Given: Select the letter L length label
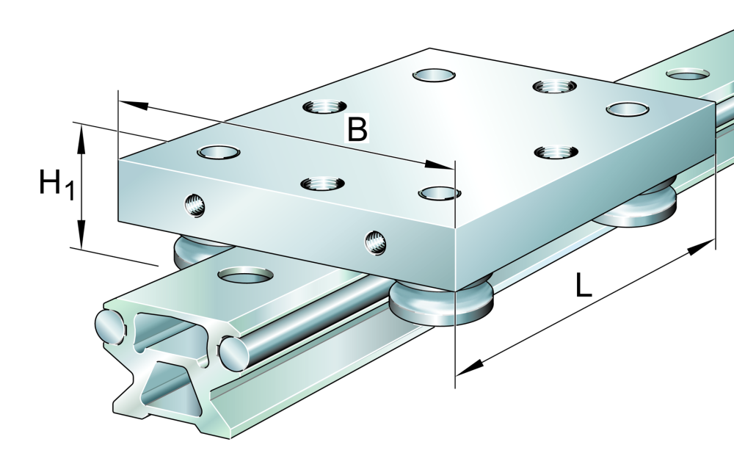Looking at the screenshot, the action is pyautogui.click(x=584, y=286).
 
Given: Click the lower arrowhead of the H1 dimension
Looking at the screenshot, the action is pyautogui.click(x=81, y=233).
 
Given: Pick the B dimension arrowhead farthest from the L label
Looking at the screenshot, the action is pyautogui.click(x=134, y=105).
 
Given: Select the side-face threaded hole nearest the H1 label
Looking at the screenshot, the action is pyautogui.click(x=195, y=205).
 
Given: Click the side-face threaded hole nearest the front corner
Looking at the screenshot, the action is pyautogui.click(x=375, y=242).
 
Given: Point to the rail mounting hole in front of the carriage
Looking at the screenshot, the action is pyautogui.click(x=246, y=275).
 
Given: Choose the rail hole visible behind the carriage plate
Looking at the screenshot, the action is pyautogui.click(x=687, y=74).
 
